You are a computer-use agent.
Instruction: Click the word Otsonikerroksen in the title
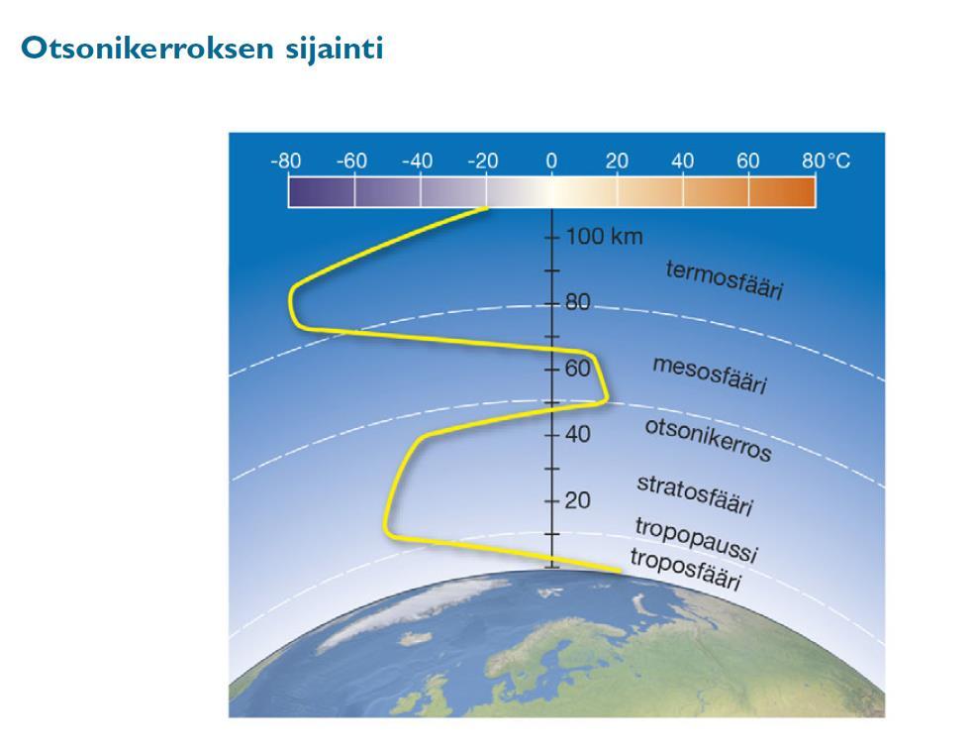pos(147,48)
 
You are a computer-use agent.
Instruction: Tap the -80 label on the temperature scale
pos(286,161)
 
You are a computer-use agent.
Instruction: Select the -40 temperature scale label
pos(418,161)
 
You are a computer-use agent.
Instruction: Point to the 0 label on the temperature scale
pos(551,161)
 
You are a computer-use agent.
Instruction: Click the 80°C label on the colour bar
pos(826,161)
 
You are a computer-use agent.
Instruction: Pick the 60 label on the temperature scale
pos(748,161)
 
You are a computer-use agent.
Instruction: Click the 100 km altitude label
pos(604,237)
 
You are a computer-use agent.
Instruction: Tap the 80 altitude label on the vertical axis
pos(577,303)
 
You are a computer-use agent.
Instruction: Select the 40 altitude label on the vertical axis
pos(577,434)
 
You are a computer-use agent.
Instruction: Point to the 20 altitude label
pos(577,499)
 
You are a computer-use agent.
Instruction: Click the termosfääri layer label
pos(725,279)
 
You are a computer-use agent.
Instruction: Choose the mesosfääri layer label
pos(710,376)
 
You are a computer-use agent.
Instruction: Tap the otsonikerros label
pos(708,440)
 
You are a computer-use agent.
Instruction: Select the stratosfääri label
pos(695,495)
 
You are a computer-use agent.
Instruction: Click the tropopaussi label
pos(696,539)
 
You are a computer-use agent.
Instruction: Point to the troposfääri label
pos(686,569)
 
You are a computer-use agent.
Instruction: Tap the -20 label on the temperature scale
pos(483,161)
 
